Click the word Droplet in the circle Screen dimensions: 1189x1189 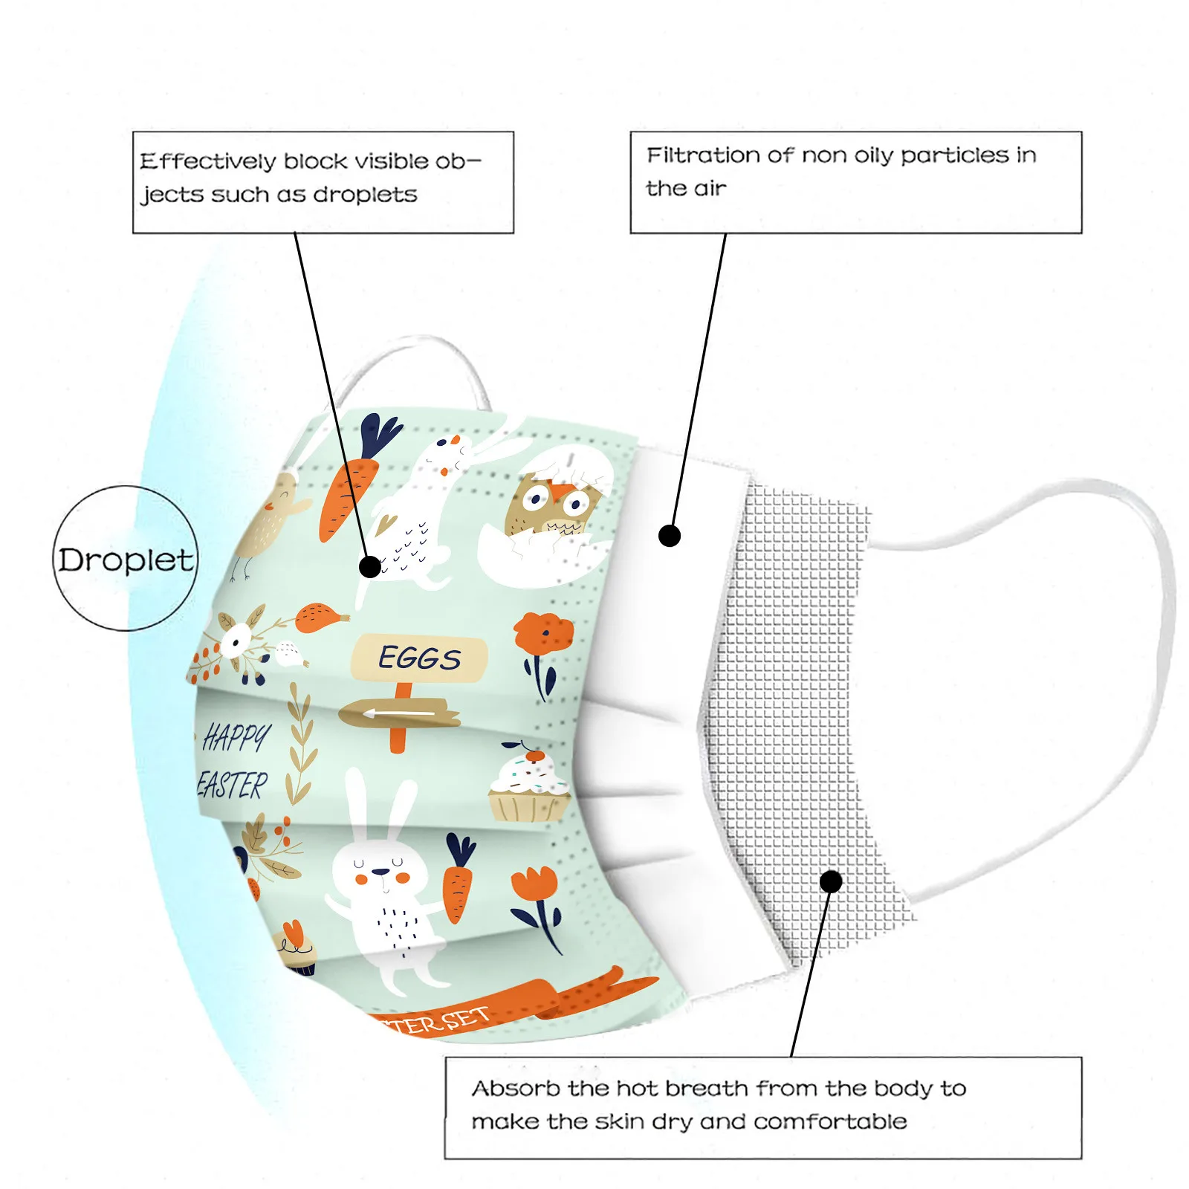point(126,560)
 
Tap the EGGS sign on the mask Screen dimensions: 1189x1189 point(420,658)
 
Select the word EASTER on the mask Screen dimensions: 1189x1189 point(233,785)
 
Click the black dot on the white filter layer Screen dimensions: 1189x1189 point(670,535)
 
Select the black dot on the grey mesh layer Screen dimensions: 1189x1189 point(831,881)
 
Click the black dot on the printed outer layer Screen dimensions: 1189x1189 point(369,567)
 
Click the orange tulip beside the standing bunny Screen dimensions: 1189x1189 point(535,888)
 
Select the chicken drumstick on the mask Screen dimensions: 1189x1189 point(321,617)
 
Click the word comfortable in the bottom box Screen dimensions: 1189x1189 point(830,1121)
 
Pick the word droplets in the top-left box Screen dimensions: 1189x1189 point(365,195)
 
